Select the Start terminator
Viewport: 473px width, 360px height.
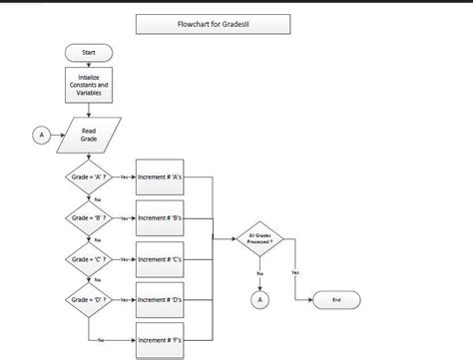click(88, 52)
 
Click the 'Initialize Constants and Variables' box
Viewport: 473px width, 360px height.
click(88, 86)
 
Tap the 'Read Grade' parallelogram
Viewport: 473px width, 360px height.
click(88, 136)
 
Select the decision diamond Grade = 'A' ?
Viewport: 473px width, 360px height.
click(88, 177)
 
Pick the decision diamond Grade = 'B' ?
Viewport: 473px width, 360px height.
click(88, 216)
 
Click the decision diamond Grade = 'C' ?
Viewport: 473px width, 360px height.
click(88, 257)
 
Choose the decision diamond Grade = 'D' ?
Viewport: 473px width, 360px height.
click(88, 298)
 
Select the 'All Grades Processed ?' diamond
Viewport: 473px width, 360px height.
click(259, 238)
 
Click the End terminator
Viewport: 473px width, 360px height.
click(336, 298)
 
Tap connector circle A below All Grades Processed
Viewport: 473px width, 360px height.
click(259, 298)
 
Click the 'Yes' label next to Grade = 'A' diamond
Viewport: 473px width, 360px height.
click(123, 177)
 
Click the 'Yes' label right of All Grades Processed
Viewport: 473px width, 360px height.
click(294, 271)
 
